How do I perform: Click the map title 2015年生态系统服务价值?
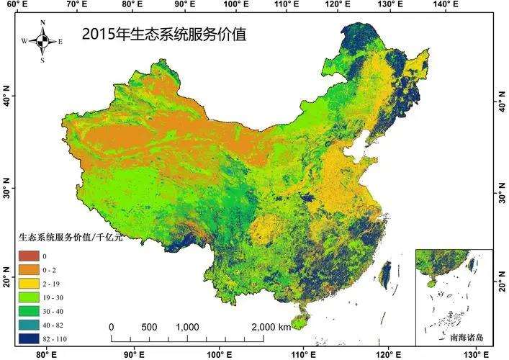163,34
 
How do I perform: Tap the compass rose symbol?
42,41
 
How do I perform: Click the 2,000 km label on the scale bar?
271,327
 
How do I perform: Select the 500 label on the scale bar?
149,327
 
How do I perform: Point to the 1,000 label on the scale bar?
187,327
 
